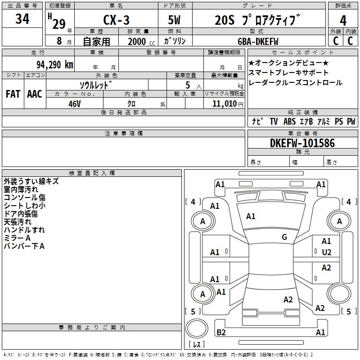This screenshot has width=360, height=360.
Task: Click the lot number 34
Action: (22, 19)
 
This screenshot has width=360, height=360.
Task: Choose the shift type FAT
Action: (13, 94)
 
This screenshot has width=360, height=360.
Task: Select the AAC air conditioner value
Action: (34, 94)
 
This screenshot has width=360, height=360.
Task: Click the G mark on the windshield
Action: (284, 237)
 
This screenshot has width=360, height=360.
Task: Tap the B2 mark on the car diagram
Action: (221, 332)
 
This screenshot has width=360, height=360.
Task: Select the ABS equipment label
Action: (289, 121)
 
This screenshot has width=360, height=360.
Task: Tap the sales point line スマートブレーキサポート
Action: (288, 72)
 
